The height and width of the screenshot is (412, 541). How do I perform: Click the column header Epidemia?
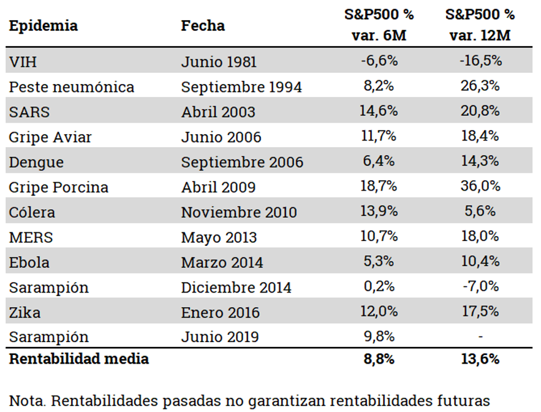44,26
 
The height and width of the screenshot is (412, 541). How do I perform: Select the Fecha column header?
203,26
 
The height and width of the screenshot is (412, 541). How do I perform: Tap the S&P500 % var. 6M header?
379,25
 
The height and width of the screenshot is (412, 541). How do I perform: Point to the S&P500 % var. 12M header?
480,25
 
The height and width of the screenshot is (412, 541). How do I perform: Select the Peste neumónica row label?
71,87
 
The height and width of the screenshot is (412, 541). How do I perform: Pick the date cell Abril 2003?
218,112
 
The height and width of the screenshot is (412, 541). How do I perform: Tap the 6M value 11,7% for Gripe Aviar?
380,136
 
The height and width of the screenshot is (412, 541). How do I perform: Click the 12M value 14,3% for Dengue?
480,161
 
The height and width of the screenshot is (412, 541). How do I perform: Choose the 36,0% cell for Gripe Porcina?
480,186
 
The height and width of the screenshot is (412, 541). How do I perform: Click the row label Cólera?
32,212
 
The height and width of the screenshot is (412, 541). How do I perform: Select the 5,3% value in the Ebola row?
380,262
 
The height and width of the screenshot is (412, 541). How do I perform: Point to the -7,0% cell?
480,286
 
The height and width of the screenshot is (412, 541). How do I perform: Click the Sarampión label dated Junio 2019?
48,337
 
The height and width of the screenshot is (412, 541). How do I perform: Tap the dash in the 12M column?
480,337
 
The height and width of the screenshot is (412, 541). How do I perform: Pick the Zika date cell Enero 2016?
221,312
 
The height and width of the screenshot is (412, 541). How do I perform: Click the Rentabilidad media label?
78,359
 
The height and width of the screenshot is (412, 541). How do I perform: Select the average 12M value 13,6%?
480,359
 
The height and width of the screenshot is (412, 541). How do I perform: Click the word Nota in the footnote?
27,400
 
